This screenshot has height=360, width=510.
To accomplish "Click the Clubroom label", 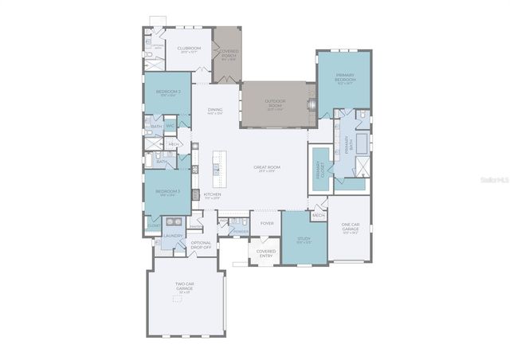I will pos(189,49).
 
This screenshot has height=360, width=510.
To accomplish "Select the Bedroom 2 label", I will pos(168,93).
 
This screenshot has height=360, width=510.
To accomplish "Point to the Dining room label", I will pos(214,112).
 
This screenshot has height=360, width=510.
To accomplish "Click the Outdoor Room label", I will pos(275,103).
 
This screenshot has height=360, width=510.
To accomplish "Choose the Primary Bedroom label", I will pos(344,78).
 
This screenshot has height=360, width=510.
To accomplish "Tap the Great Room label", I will pos(265,169).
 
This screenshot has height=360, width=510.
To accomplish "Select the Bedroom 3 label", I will pos(167,193).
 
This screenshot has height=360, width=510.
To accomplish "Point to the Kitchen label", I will pos(212,196).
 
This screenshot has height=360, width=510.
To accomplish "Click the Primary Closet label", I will pos(320,169).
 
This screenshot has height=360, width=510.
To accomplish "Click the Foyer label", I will pos(267,223).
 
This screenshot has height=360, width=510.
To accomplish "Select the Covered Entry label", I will pos(265,253).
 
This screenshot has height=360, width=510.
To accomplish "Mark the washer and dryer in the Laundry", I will pos(174,224).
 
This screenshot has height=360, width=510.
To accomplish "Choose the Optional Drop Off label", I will pos(202,245).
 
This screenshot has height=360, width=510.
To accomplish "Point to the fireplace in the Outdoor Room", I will pos(312,104).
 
